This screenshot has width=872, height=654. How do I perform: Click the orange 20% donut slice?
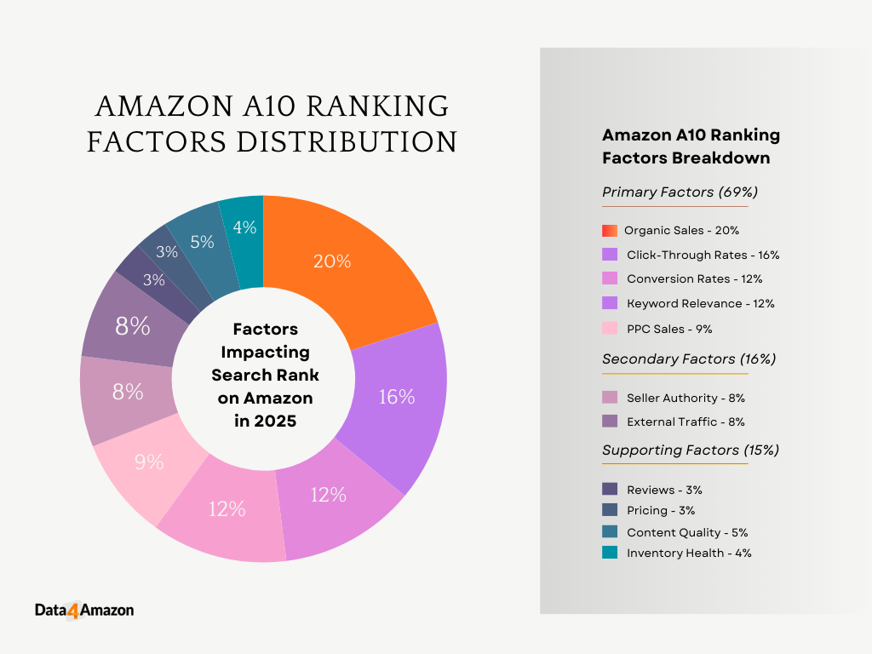(341, 264)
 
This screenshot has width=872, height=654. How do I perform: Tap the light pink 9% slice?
(150, 464)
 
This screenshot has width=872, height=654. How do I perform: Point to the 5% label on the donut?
(202, 242)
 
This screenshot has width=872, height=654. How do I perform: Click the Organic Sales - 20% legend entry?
(681, 230)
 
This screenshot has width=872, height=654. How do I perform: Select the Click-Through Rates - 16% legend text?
(703, 255)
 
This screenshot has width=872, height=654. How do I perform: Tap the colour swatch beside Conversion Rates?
(610, 278)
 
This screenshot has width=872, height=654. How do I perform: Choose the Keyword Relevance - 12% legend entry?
(700, 303)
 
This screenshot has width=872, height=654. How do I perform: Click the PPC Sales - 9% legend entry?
(668, 329)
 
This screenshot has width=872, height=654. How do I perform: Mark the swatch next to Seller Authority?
(610, 398)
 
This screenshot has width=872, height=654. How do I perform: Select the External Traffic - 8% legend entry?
(686, 422)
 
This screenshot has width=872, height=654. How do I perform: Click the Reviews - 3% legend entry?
(664, 490)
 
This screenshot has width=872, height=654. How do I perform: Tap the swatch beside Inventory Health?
(610, 553)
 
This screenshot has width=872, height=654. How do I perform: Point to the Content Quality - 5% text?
(687, 532)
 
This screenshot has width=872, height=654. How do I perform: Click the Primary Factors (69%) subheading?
(680, 192)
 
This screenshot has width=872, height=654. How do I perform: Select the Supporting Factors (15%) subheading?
(690, 450)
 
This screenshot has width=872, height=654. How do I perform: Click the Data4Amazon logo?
(84, 610)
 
